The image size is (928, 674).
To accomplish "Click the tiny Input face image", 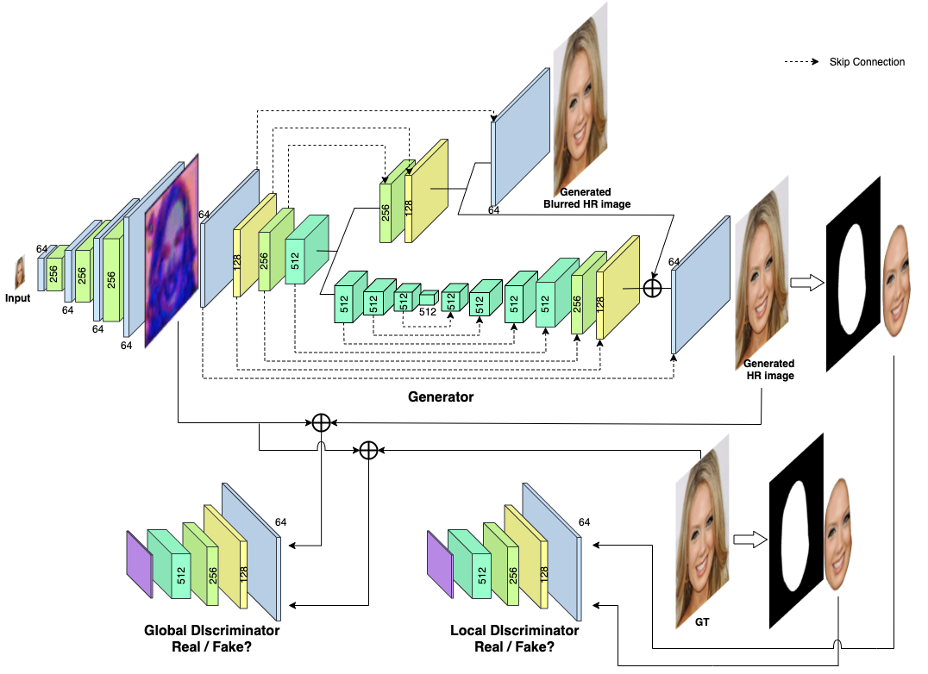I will pyautogui.click(x=19, y=272).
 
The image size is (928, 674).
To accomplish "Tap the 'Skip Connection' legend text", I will pyautogui.click(x=867, y=62).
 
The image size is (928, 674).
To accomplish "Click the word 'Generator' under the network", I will pyautogui.click(x=441, y=397).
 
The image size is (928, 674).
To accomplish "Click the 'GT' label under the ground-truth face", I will pyautogui.click(x=702, y=621).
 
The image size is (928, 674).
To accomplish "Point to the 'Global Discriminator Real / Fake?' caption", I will pyautogui.click(x=211, y=639).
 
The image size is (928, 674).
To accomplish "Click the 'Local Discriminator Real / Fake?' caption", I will pyautogui.click(x=515, y=639).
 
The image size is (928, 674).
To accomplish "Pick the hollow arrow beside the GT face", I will pyautogui.click(x=748, y=540).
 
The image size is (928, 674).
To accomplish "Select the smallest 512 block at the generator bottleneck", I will pyautogui.click(x=428, y=298).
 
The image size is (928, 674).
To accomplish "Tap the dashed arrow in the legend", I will pyautogui.click(x=802, y=62).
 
